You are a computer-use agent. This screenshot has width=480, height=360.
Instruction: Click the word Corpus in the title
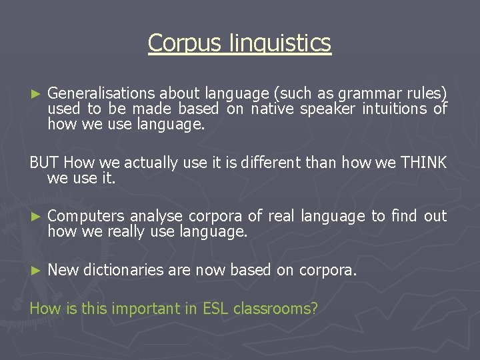[x=175, y=43]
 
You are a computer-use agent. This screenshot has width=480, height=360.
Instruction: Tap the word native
[x=273, y=108]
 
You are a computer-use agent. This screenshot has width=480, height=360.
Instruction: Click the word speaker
[x=328, y=108]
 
